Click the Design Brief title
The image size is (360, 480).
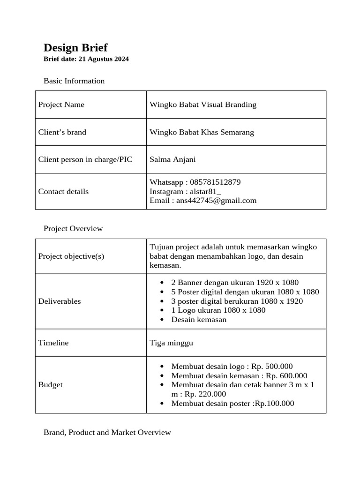click(x=75, y=47)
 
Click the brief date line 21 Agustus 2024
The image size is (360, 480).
click(x=86, y=59)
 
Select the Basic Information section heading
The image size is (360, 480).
click(x=74, y=81)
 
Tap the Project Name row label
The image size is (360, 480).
click(x=61, y=105)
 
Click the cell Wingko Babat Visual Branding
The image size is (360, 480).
click(x=203, y=105)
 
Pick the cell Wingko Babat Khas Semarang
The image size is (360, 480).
click(x=202, y=132)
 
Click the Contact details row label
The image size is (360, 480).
click(x=63, y=191)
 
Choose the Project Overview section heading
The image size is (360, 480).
click(x=73, y=229)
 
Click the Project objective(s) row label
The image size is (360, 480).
click(x=71, y=256)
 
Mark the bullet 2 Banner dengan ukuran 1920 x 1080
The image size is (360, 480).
click(x=235, y=282)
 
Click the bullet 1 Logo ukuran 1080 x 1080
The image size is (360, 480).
click(x=218, y=310)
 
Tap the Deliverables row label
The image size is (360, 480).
click(x=60, y=301)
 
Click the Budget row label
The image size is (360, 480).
click(x=50, y=384)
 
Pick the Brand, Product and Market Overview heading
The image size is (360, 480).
click(x=107, y=432)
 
